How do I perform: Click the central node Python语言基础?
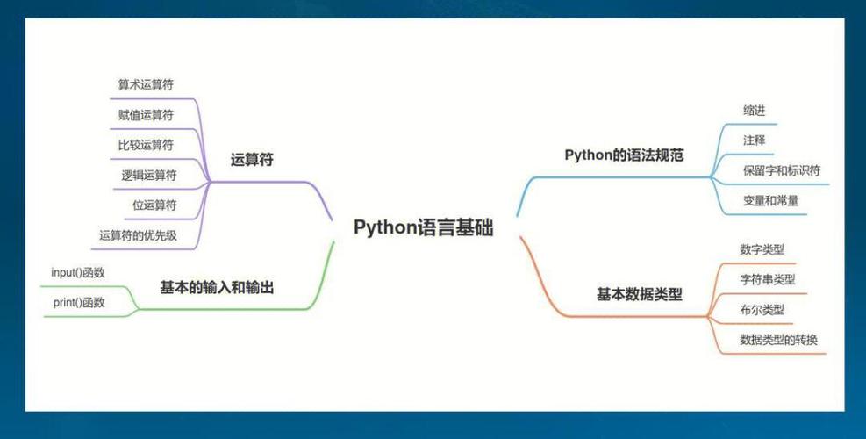tap(424, 227)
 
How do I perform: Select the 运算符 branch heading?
tap(252, 160)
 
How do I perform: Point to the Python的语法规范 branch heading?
tap(624, 155)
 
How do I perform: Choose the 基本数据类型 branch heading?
tap(639, 294)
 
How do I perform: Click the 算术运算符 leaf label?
tap(146, 85)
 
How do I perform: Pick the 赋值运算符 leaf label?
tap(146, 115)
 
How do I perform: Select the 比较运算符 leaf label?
tap(146, 145)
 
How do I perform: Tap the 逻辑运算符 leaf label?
tap(149, 175)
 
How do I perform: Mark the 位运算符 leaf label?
tap(154, 205)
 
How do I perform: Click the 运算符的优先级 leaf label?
tap(139, 234)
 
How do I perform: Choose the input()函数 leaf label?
tap(78, 272)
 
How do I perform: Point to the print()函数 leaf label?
tap(79, 302)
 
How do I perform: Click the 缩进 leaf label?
tap(754, 111)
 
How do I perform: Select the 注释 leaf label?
tap(754, 140)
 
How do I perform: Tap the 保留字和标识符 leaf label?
tap(781, 170)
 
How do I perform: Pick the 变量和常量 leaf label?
tap(770, 200)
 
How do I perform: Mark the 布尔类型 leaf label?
tap(762, 309)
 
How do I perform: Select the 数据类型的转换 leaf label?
tap(778, 339)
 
